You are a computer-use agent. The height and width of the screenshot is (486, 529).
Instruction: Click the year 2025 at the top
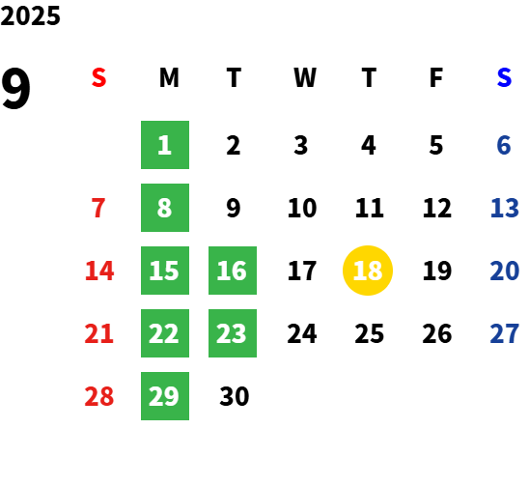(x=30, y=15)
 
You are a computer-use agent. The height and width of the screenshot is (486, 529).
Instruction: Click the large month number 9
(x=15, y=89)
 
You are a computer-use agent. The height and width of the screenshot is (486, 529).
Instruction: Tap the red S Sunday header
(x=98, y=77)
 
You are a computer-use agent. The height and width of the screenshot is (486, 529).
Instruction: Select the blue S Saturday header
(x=504, y=77)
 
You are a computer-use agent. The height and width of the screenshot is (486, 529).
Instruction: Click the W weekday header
(x=305, y=77)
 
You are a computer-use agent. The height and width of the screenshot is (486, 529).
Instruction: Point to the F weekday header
(x=436, y=77)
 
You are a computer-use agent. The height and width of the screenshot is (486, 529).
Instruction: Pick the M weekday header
(x=169, y=77)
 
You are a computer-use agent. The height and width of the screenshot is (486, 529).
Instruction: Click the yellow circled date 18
(x=368, y=271)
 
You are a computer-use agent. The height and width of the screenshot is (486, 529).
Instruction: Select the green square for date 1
(x=165, y=145)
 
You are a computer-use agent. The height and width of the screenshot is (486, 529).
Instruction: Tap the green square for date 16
(x=233, y=271)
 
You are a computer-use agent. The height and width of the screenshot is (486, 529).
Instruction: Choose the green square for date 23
(x=233, y=333)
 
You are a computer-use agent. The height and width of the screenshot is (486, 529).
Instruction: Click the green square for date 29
(x=165, y=396)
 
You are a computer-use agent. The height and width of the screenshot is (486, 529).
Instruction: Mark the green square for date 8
(x=165, y=208)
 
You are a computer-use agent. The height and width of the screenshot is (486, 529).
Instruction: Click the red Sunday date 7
(x=98, y=208)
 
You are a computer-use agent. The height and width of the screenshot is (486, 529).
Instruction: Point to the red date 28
(x=99, y=396)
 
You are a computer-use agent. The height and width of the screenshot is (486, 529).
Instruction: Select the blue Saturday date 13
(x=505, y=208)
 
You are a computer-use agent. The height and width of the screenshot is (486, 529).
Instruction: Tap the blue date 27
(x=505, y=333)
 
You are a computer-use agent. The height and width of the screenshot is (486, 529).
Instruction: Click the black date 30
(x=235, y=396)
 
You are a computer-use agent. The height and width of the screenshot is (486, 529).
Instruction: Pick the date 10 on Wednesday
(x=302, y=208)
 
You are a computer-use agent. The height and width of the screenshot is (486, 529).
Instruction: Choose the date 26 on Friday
(x=437, y=333)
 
